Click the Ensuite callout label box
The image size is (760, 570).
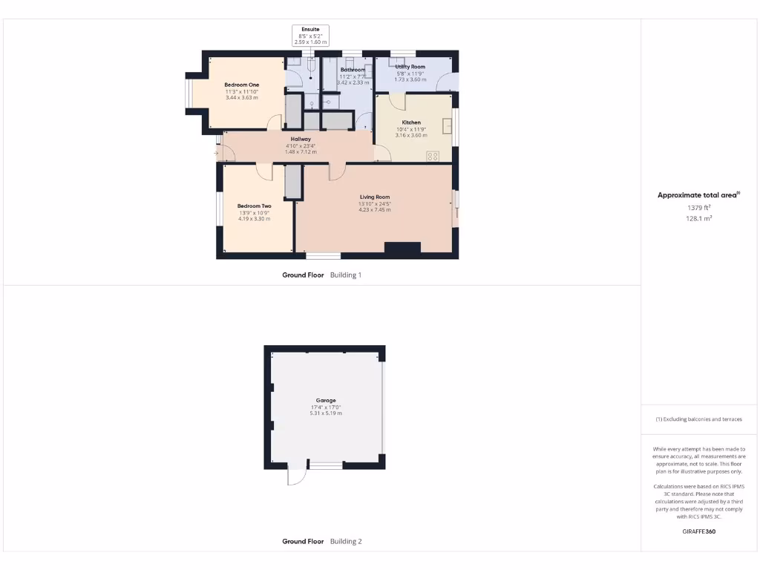pos(310,36)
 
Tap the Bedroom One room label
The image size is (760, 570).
pos(241,85)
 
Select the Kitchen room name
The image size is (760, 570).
pos(411,122)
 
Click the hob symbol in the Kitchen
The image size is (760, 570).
pos(433,155)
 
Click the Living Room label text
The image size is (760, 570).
pos(374,197)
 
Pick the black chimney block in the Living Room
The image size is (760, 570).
pos(402,247)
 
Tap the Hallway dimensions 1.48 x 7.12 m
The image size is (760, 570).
pos(301,152)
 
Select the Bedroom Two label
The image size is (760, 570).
pos(254,206)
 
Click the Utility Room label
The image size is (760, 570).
pos(410,67)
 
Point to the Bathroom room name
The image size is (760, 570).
pos(353,70)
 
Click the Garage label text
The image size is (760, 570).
pos(326,400)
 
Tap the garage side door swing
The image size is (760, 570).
pos(295,476)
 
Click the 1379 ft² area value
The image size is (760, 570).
pos(698,208)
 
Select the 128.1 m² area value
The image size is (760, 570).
pos(698,219)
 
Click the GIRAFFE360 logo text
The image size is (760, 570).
pos(698,531)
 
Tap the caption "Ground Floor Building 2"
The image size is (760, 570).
pos(321,542)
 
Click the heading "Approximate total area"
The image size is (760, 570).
pos(698,195)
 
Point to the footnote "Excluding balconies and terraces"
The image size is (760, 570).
pos(698,419)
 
